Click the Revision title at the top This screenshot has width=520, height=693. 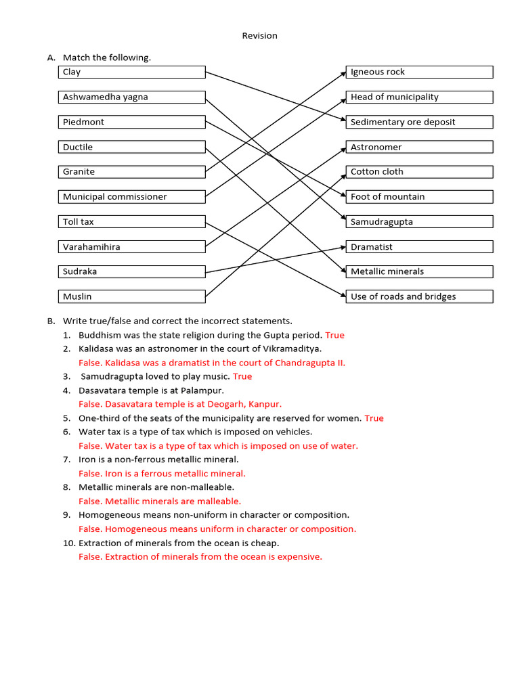(259, 36)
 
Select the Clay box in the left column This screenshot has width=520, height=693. (132, 72)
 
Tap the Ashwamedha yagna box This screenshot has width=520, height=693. (132, 97)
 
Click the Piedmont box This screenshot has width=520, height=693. (132, 122)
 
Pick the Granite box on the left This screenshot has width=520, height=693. (132, 172)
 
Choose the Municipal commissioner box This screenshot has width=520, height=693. (132, 197)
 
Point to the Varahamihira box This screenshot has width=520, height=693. (132, 247)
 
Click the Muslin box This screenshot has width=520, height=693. (132, 296)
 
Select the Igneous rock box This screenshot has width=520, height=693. (419, 72)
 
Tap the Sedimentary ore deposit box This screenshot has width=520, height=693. (419, 122)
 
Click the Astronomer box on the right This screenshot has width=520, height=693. (419, 148)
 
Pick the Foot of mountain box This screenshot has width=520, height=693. (419, 197)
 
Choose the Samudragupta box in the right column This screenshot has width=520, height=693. (419, 222)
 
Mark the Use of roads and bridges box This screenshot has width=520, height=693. (419, 296)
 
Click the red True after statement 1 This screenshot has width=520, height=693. (334, 335)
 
